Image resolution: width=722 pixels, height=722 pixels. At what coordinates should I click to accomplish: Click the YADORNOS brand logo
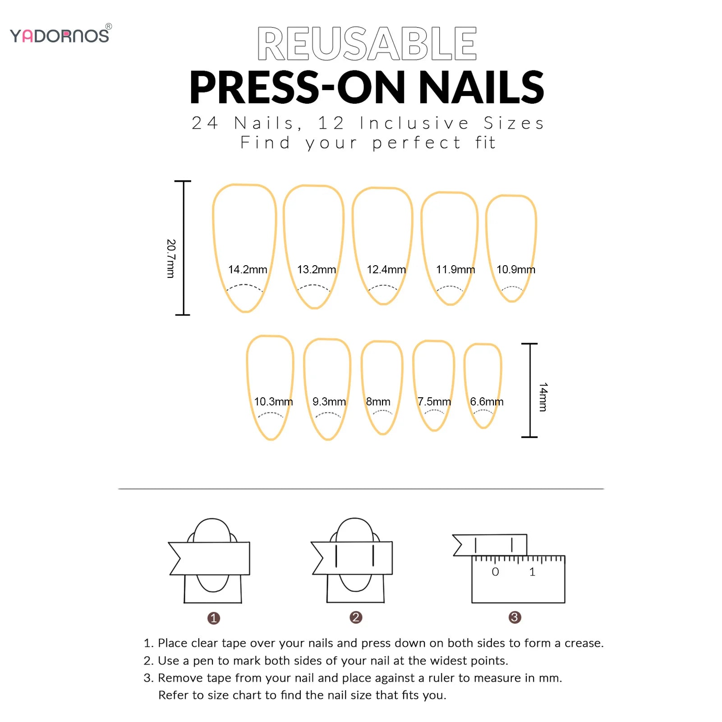60,35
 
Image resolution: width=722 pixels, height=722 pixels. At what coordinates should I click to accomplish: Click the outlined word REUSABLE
367,44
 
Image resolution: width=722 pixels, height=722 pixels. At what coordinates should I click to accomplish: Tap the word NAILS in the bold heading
481,87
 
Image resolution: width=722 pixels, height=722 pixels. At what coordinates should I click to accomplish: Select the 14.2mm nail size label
248,270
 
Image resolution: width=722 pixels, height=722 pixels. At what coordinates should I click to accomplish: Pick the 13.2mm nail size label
317,270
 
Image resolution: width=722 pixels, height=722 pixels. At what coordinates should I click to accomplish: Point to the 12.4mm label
386,270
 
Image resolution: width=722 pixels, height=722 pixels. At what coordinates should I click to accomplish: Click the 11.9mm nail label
455,270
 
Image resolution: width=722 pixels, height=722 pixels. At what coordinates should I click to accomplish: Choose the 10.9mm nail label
515,270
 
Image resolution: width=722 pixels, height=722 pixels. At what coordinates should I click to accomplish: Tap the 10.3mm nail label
273,401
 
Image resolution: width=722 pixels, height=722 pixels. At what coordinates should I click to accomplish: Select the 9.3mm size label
329,401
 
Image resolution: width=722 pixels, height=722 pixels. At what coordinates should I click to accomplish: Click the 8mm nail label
378,401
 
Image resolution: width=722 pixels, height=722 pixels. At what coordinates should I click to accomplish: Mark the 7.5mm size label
434,401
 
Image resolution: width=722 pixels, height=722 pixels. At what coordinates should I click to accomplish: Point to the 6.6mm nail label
487,401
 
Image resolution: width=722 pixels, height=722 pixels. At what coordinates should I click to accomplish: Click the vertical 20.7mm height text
170,258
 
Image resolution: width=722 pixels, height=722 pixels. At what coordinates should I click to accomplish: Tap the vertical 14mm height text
543,397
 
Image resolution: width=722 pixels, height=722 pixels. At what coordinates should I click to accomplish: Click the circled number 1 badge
214,618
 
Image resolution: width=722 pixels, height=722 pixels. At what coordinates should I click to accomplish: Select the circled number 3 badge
515,617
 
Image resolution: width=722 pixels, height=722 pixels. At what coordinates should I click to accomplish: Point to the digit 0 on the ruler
495,572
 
